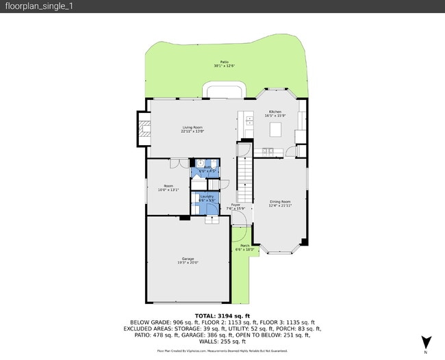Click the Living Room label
pos(192,127)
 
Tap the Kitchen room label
pos(275,111)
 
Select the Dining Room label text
pos(280,201)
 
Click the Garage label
pos(188,258)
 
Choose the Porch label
pos(245,246)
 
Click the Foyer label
pos(236,205)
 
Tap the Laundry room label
pos(206,196)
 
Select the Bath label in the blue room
pos(207,166)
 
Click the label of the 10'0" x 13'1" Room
pos(168,185)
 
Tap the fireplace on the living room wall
pos(144,130)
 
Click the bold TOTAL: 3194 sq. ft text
pos(222,316)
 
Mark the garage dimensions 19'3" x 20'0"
pos(188,262)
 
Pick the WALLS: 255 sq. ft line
pos(222,341)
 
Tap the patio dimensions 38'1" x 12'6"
pos(224,66)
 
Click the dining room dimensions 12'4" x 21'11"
pos(280,205)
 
